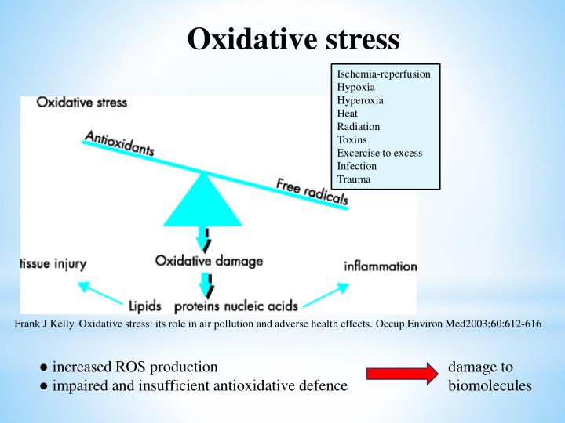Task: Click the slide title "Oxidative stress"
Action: pyautogui.click(x=293, y=39)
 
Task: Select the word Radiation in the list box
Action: pyautogui.click(x=358, y=126)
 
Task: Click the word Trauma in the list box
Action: pyautogui.click(x=354, y=179)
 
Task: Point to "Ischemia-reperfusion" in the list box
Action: pyautogui.click(x=384, y=74)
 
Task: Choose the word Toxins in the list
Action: pyautogui.click(x=352, y=139)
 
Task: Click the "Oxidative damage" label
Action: pyautogui.click(x=209, y=260)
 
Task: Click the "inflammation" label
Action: pyautogui.click(x=381, y=266)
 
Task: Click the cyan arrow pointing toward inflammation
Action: pyautogui.click(x=324, y=295)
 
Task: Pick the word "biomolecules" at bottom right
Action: pyautogui.click(x=490, y=385)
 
